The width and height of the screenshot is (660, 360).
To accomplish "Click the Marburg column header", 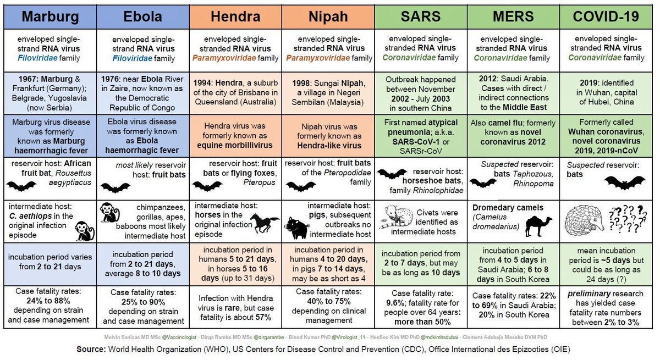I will [50, 16].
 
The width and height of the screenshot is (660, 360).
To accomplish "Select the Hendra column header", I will [235, 16].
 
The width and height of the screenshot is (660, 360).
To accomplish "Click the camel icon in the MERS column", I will [538, 226].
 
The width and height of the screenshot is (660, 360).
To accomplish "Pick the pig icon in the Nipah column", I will [297, 228].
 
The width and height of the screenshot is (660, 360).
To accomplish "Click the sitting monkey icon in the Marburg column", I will [84, 230].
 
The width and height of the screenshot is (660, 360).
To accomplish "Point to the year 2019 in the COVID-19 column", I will [589, 83].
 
